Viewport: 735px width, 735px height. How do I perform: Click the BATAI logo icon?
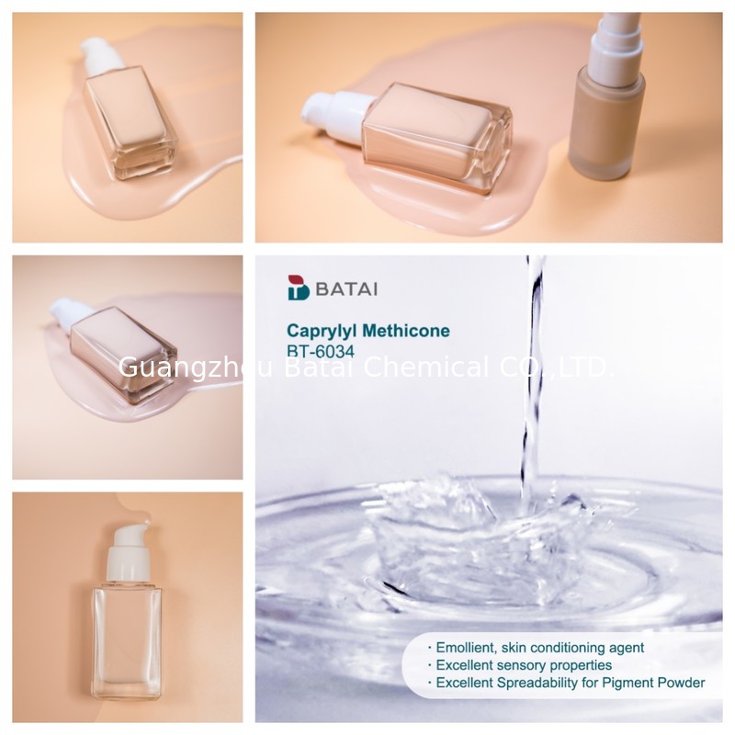coord(298,288)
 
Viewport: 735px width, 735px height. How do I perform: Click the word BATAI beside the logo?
coord(346,289)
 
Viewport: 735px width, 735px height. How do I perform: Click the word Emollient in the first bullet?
coord(466,648)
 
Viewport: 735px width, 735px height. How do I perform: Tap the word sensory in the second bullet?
coord(521,665)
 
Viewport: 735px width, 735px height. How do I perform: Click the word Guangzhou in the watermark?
coord(195,367)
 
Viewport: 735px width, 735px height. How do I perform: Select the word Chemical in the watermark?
coord(424,367)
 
